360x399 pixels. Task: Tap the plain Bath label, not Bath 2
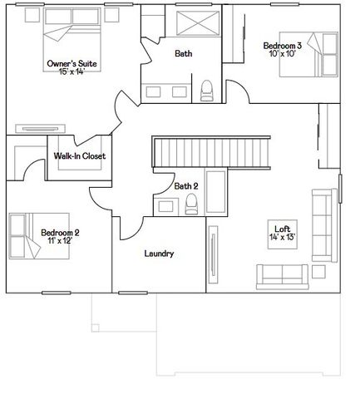pyautogui.click(x=184, y=54)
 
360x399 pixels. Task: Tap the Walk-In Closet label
pyautogui.click(x=80, y=155)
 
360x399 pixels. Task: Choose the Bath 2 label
pyautogui.click(x=186, y=186)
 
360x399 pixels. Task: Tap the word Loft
pyautogui.click(x=282, y=228)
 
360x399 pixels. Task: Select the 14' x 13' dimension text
pyautogui.click(x=282, y=237)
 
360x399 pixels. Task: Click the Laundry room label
pyautogui.click(x=158, y=254)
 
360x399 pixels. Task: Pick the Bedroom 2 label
pyautogui.click(x=60, y=232)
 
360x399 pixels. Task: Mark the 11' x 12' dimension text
pyautogui.click(x=60, y=241)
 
